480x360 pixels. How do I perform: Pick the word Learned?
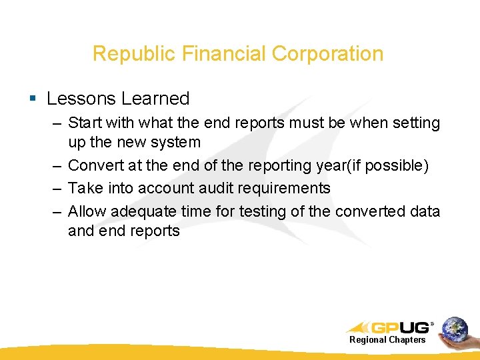[155, 99]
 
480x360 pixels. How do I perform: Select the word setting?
[416, 123]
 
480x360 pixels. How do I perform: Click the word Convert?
[95, 165]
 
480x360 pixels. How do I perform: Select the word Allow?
[87, 211]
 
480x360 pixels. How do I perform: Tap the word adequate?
[141, 211]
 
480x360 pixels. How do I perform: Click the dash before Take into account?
[57, 188]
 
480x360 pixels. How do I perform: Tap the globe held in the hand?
[455, 328]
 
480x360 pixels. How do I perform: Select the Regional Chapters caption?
[387, 340]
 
